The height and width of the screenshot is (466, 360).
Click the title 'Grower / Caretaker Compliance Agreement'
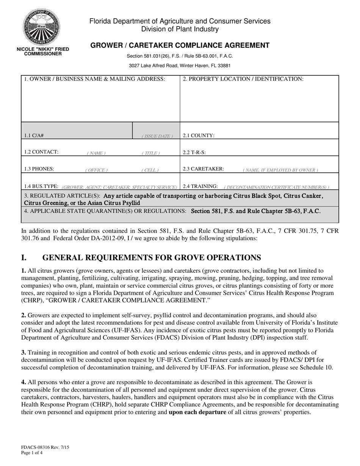point(180,45)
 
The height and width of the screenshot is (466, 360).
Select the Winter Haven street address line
point(180,66)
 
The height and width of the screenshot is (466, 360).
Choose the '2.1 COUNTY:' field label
point(199,135)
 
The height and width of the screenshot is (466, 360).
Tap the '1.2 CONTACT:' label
point(41,152)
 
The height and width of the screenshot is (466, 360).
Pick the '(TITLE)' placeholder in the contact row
point(151,153)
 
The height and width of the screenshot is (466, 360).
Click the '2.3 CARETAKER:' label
point(203,169)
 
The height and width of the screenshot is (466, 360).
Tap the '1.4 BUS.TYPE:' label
point(41,186)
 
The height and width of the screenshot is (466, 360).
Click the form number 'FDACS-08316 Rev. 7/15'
point(45,447)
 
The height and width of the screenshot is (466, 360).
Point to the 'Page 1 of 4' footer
point(32,452)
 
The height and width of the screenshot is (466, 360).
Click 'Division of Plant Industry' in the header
point(180,29)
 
